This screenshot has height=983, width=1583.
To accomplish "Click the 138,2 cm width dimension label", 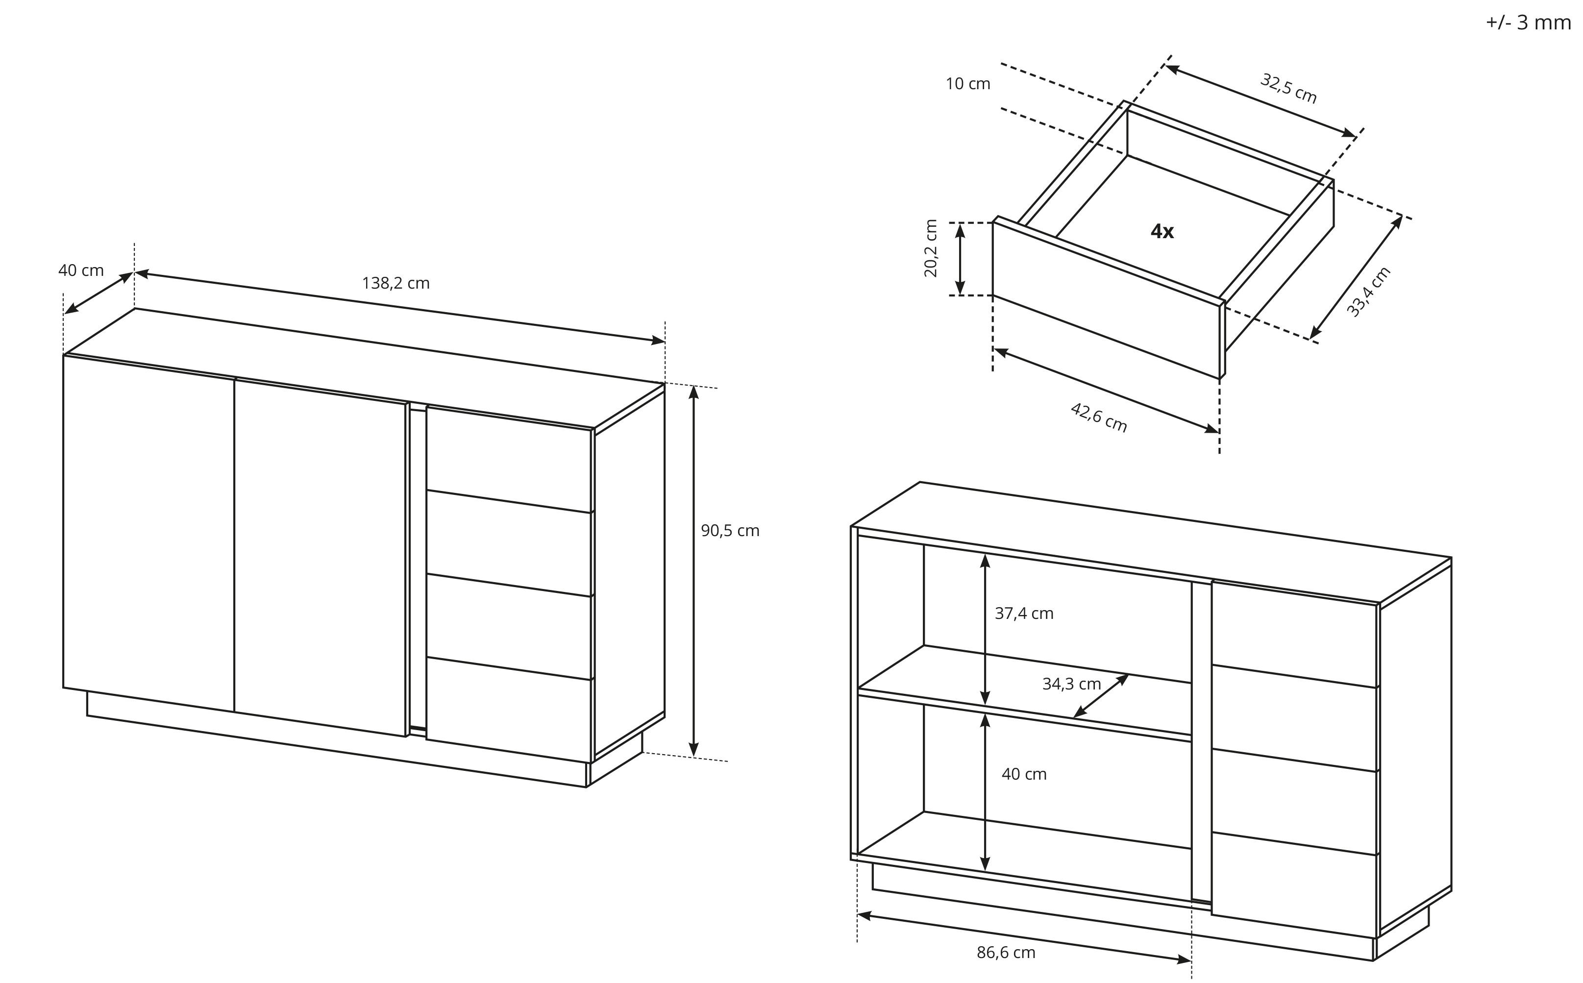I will point(396,283).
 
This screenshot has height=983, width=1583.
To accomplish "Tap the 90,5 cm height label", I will point(729,531).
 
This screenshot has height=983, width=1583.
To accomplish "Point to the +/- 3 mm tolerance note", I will point(1528,22).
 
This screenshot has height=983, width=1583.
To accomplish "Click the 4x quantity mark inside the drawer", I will point(1162,231).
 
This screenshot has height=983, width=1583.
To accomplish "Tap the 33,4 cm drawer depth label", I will point(1368,292).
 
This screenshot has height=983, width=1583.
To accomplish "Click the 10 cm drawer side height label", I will point(967,84).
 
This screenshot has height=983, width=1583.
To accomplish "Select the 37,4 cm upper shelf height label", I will point(1024,613).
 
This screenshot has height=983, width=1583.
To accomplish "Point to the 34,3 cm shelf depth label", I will point(1071,684).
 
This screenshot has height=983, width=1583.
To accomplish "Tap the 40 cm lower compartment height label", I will point(1024,774).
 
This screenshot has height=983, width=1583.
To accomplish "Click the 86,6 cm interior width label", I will point(1006,953).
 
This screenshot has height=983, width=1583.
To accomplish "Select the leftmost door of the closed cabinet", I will point(148,533).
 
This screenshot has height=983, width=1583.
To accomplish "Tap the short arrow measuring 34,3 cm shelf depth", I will point(1101,696).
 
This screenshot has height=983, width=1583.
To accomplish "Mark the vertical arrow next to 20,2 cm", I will point(960,259).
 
